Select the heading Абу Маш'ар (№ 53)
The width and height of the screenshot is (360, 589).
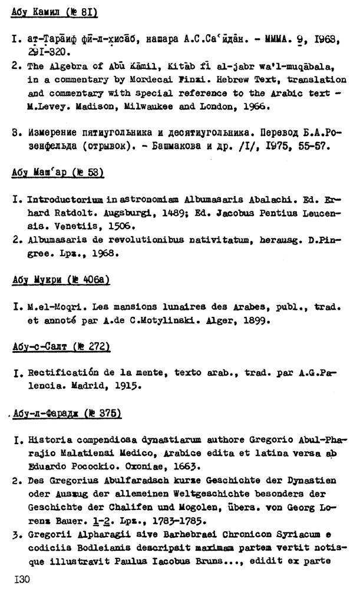tap(57, 173)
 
